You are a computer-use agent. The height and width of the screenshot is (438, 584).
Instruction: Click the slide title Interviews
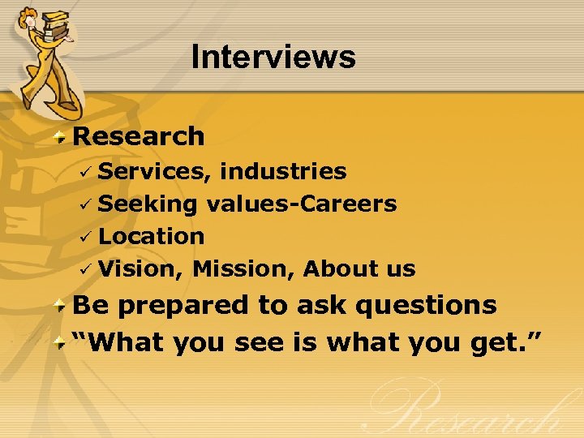(x=273, y=58)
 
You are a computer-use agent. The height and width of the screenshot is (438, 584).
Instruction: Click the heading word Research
(x=139, y=136)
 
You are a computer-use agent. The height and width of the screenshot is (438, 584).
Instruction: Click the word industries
(x=283, y=171)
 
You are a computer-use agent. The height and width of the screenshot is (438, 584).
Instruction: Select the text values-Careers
(x=302, y=204)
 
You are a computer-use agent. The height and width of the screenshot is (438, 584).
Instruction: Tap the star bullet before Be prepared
(x=61, y=306)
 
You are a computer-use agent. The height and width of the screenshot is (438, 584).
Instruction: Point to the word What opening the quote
(x=123, y=342)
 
